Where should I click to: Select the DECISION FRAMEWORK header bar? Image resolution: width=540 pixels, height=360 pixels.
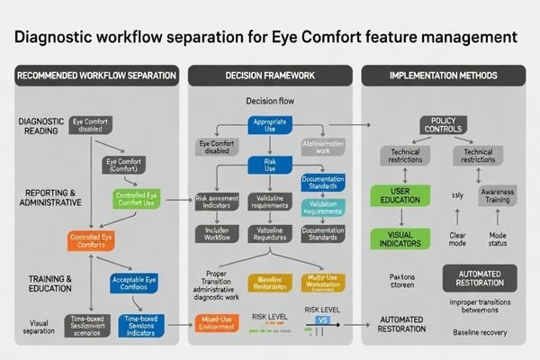(x=269, y=75)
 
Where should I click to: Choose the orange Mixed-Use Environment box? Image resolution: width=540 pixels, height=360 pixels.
(x=219, y=323)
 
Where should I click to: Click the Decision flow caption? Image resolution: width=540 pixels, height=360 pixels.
(x=271, y=101)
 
